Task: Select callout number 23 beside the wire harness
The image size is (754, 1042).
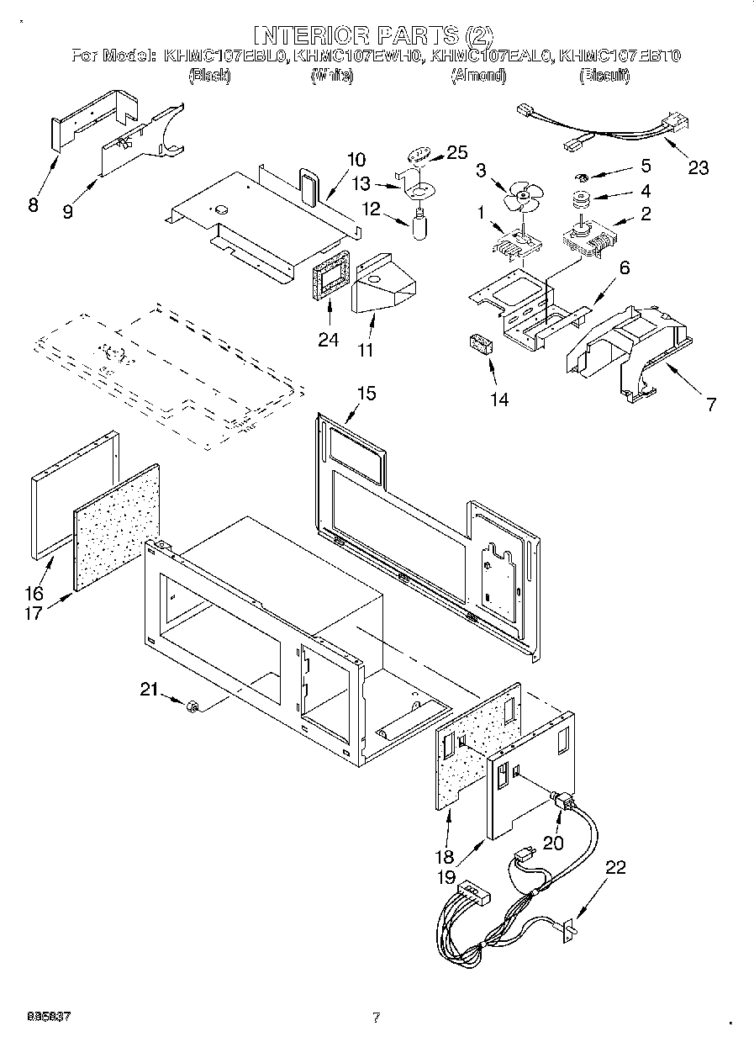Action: [698, 167]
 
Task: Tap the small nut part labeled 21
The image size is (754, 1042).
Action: [192, 706]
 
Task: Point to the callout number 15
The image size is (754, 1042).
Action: [366, 393]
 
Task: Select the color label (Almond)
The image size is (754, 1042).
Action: [478, 77]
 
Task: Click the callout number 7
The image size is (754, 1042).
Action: [710, 405]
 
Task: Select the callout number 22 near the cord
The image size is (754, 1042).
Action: [616, 868]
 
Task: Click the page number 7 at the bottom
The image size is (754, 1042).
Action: [377, 1018]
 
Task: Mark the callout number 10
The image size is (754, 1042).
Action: [356, 159]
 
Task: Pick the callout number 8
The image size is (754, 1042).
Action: [34, 204]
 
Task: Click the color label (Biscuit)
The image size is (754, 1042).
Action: [604, 77]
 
